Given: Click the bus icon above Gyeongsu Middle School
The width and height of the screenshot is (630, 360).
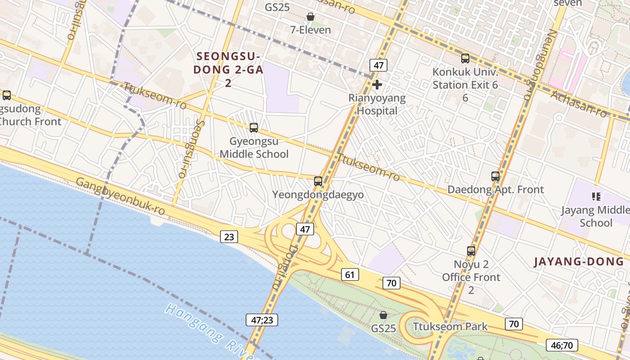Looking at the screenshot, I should pyautogui.click(x=254, y=128).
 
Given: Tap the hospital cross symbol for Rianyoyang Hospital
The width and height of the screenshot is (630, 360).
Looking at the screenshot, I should pyautogui.click(x=377, y=85).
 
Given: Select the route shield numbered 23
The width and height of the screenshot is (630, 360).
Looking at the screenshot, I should pyautogui.click(x=229, y=236).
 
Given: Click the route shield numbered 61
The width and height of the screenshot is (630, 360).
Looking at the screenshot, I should pyautogui.click(x=350, y=274).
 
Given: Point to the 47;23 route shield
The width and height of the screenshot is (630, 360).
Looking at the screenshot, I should pyautogui.click(x=261, y=320).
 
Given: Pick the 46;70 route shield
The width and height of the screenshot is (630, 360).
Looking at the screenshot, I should pyautogui.click(x=562, y=345).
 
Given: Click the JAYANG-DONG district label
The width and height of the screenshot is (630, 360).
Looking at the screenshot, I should pyautogui.click(x=579, y=262).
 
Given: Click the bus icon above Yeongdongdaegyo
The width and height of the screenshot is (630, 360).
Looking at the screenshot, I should pyautogui.click(x=318, y=181).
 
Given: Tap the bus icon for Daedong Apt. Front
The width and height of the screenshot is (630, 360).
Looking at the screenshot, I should pyautogui.click(x=495, y=176).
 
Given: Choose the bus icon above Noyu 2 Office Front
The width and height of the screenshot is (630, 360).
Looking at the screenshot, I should pyautogui.click(x=471, y=251).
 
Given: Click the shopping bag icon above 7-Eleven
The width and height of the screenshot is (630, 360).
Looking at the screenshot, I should pyautogui.click(x=310, y=17).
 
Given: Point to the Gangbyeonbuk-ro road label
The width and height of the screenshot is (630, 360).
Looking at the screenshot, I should pyautogui.click(x=120, y=196).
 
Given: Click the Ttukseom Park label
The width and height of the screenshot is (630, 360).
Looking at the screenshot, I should pyautogui.click(x=450, y=326).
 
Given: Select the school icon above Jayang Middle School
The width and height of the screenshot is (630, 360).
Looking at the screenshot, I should pyautogui.click(x=596, y=196).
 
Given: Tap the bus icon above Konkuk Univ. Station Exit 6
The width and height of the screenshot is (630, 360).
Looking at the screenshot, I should pyautogui.click(x=465, y=58).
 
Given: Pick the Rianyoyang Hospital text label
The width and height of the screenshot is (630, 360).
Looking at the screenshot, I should pyautogui.click(x=377, y=104).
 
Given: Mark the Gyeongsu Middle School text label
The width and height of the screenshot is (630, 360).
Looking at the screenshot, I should pyautogui.click(x=254, y=148).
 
